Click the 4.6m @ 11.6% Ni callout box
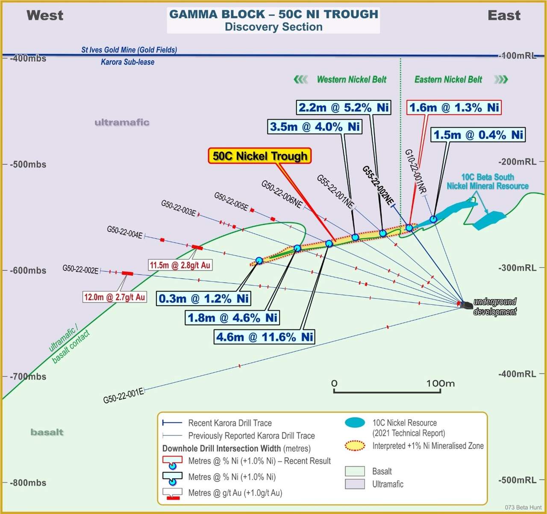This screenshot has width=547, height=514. [x=264, y=337]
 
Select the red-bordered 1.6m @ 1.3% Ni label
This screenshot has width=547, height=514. [x=454, y=107]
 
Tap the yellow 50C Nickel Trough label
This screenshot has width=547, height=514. [x=260, y=156]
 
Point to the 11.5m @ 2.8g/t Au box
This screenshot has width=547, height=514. [x=180, y=265]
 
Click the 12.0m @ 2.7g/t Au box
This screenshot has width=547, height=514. [x=115, y=297]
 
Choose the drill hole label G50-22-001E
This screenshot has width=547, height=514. [x=124, y=396]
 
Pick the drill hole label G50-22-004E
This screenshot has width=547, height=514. [x=125, y=233]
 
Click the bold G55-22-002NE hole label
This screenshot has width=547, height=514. [x=378, y=185]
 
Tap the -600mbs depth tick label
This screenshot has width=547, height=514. [x=28, y=271]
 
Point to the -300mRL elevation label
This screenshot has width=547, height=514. [x=517, y=268]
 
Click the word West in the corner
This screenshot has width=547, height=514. [x=45, y=15]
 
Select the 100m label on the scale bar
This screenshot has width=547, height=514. [x=441, y=383]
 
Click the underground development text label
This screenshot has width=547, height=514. [x=495, y=307]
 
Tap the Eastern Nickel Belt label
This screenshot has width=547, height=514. [x=448, y=79]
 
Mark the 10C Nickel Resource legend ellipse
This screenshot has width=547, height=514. [x=355, y=422]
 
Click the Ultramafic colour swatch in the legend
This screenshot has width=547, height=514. [x=355, y=484]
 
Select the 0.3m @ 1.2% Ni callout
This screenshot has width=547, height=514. [x=204, y=298]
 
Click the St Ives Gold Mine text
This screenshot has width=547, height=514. [x=129, y=50]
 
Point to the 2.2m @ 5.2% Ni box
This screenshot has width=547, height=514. [x=344, y=107]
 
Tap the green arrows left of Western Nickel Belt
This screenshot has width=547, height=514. [x=300, y=80]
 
